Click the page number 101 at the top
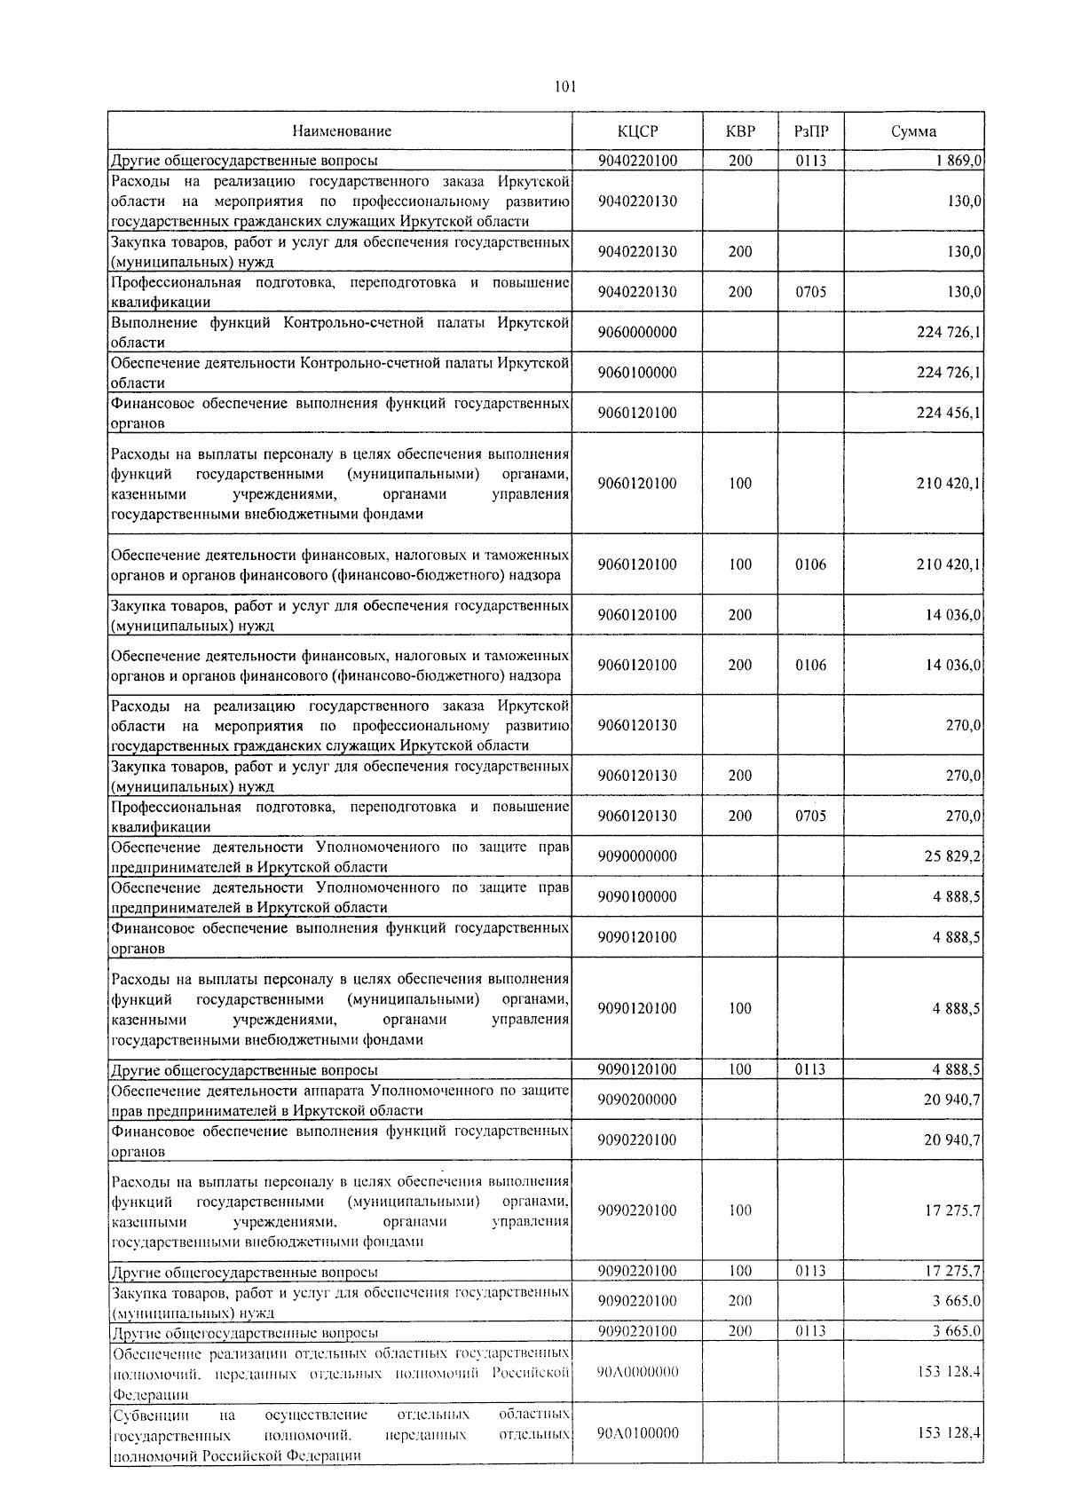pos(565,86)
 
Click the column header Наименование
pos(341,131)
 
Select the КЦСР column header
pos(637,131)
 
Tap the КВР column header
pos(740,131)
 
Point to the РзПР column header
pos(811,131)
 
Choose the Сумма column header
pos(913,131)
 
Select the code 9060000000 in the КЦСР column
pos(637,332)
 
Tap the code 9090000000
pos(637,856)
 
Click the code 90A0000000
pos(637,1372)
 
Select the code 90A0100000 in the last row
pos(637,1433)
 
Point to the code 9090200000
pos(637,1100)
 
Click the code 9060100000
pos(637,373)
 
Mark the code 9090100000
pos(637,896)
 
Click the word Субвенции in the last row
pos(146,1414)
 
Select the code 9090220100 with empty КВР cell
pos(637,1139)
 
